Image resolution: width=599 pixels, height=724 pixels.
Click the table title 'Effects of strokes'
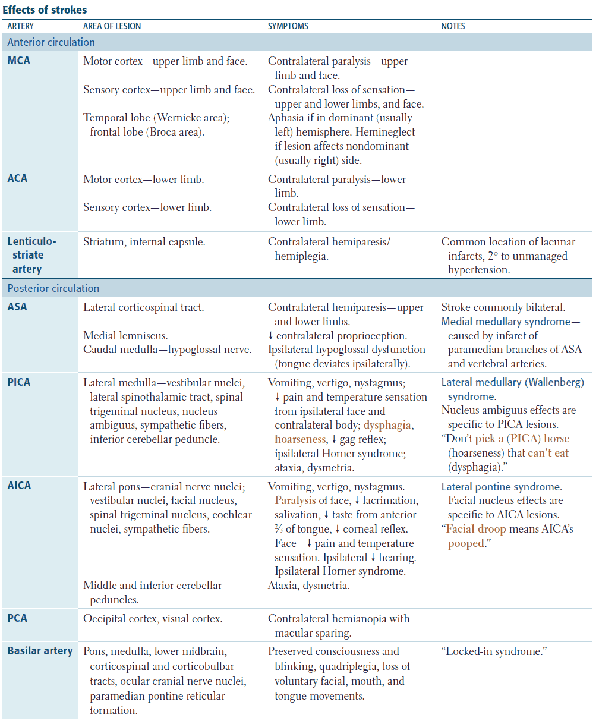tap(45, 10)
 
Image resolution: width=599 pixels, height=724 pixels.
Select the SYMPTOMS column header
tap(288, 26)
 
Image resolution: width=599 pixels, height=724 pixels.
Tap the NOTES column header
tap(453, 26)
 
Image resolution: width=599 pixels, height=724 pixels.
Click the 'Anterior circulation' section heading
tap(51, 42)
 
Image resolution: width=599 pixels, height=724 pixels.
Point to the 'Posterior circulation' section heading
tap(53, 288)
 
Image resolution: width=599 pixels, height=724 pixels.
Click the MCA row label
tap(19, 61)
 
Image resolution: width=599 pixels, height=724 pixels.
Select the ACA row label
tap(18, 178)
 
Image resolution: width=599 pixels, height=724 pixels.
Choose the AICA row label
tap(20, 486)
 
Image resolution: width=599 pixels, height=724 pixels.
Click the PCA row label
tap(17, 618)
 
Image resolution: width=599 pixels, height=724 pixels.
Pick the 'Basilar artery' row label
tap(40, 651)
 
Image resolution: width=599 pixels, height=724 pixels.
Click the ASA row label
tap(17, 307)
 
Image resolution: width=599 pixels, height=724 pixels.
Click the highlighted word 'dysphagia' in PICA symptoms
tap(388, 426)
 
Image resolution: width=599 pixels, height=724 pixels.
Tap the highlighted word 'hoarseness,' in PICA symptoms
tap(300, 439)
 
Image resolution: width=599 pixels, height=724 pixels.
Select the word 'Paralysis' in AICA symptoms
tap(295, 500)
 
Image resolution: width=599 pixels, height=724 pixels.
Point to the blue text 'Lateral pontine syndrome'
tap(500, 486)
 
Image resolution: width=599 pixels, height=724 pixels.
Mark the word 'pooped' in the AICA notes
tap(466, 543)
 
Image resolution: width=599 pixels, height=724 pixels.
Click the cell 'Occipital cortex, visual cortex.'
tap(153, 619)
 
